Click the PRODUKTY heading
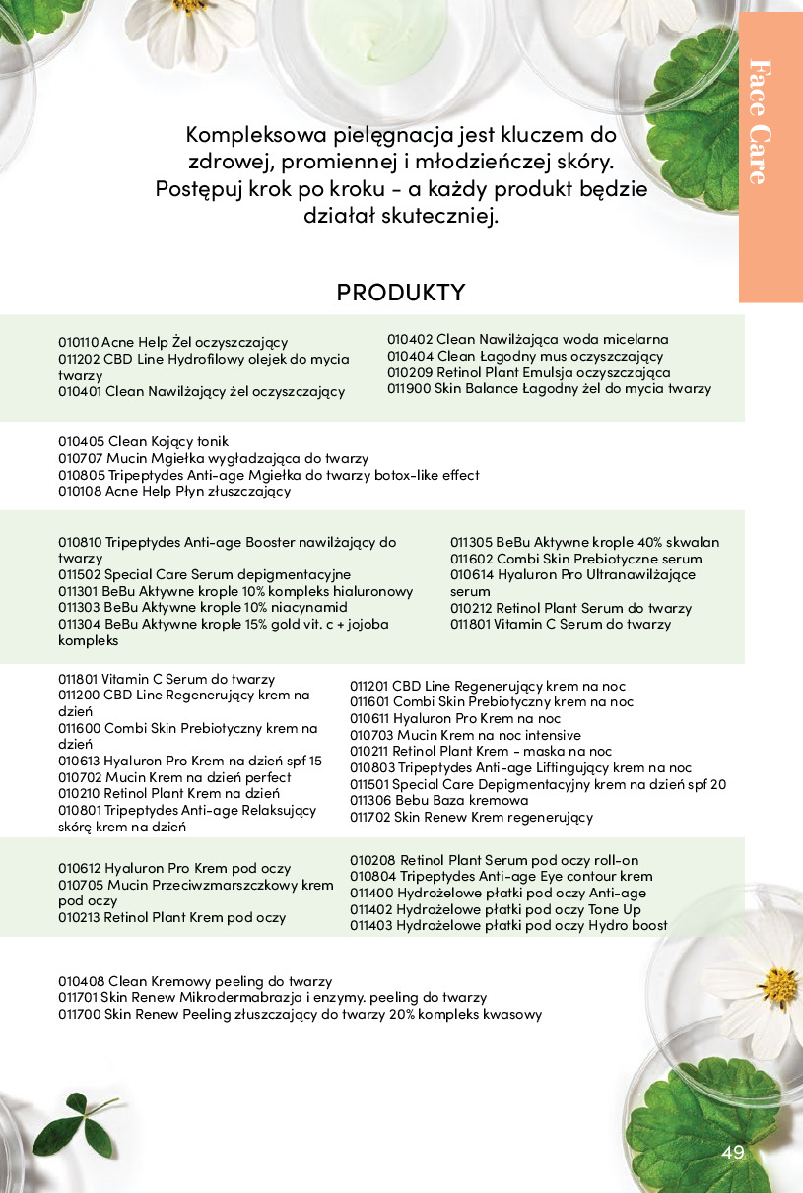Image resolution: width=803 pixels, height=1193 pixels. (400, 293)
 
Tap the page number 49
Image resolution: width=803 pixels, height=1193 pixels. (732, 1153)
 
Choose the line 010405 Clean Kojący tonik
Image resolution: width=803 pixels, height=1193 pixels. (143, 441)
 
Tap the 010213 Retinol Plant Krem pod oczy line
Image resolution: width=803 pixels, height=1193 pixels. (171, 917)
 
